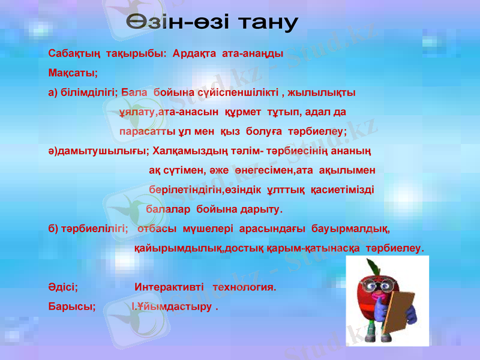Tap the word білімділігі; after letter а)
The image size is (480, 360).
coord(89,93)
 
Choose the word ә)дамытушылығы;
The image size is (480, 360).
coord(100,151)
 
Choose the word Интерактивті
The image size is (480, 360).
coord(169,287)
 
